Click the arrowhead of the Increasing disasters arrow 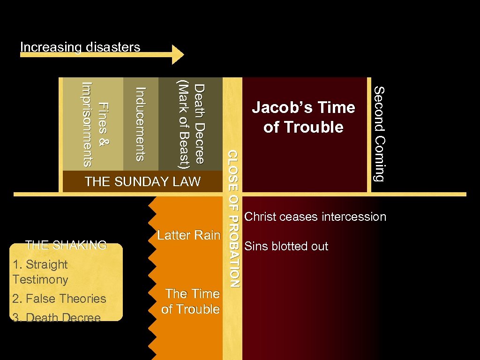179,54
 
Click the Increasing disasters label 80,47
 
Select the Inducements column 140,124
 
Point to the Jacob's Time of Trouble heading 304,117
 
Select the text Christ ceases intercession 315,217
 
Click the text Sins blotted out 286,246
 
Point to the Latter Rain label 188,235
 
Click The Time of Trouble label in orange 191,301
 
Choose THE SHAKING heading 66,245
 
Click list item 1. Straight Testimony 41,272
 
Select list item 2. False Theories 60,299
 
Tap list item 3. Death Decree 57,318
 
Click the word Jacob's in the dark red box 279,108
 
